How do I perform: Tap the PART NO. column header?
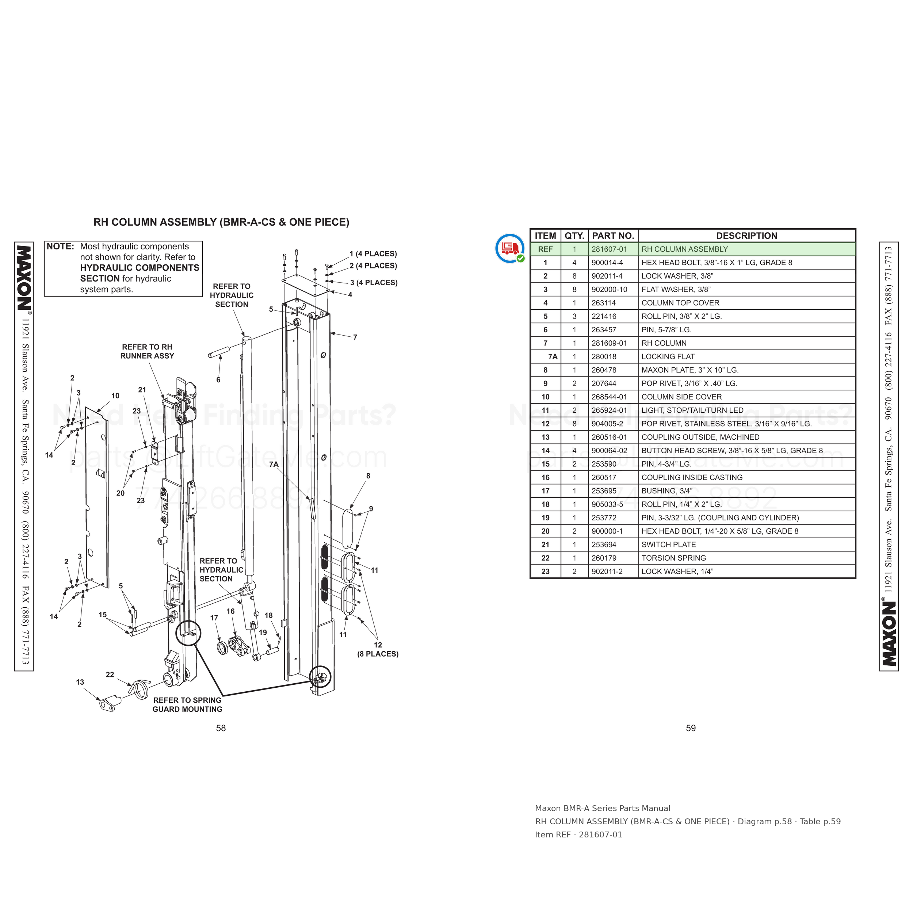point(613,236)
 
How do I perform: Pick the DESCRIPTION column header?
point(747,236)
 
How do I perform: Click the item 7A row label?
point(553,357)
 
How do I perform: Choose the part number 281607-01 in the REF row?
point(609,249)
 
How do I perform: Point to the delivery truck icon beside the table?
point(510,248)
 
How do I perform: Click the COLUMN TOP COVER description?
point(680,303)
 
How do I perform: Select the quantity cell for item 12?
point(574,424)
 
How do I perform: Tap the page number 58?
point(221,728)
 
